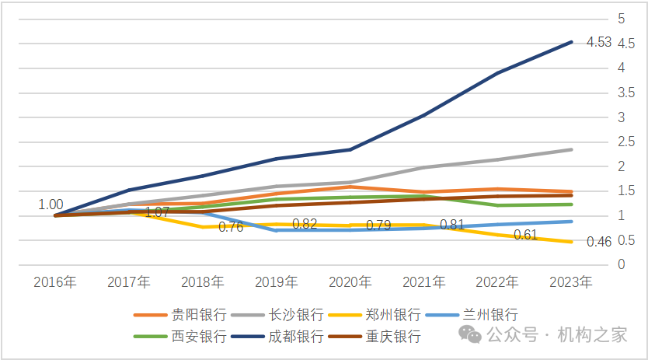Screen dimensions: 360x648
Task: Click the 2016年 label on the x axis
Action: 54,281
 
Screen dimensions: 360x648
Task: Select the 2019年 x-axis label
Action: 276,281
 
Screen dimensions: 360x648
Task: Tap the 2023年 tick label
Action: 571,281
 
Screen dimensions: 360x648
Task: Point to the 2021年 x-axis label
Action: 423,281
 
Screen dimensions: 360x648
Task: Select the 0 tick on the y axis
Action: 621,265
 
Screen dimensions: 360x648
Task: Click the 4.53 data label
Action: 599,42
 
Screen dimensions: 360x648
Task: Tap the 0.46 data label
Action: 599,242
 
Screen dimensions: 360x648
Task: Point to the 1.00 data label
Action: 51,204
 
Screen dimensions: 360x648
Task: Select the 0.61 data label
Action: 525,235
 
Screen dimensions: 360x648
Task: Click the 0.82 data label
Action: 305,223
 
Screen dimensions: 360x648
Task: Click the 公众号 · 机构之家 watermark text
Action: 556,334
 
